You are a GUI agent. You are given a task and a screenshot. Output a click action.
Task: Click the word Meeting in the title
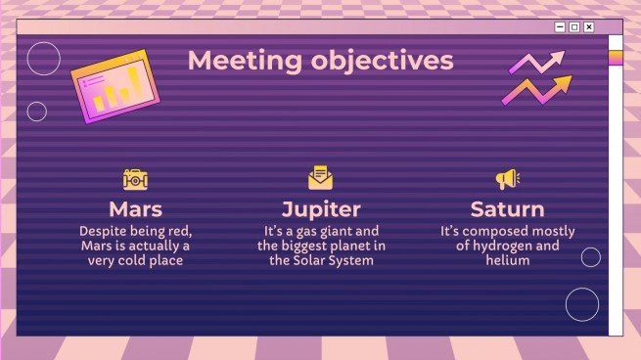pos(232,61)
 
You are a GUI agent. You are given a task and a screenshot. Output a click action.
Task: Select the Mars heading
pos(135,208)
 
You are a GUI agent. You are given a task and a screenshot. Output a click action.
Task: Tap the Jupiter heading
pos(321,208)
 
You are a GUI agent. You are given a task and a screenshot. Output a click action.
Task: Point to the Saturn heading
pos(506,208)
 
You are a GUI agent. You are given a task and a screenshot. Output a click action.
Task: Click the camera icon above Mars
pos(135,179)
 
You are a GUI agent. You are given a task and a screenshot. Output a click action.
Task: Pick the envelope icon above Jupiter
pos(320,178)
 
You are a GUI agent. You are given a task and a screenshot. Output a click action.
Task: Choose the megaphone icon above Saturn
pos(506,179)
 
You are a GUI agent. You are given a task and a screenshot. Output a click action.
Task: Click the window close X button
pos(588,27)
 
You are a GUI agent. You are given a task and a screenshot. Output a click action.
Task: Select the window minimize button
pos(561,27)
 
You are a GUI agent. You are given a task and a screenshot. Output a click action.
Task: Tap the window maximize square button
pos(574,27)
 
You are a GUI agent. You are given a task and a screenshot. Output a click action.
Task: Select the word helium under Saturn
pos(506,260)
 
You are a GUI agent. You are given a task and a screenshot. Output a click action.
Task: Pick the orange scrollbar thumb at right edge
pos(616,58)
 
